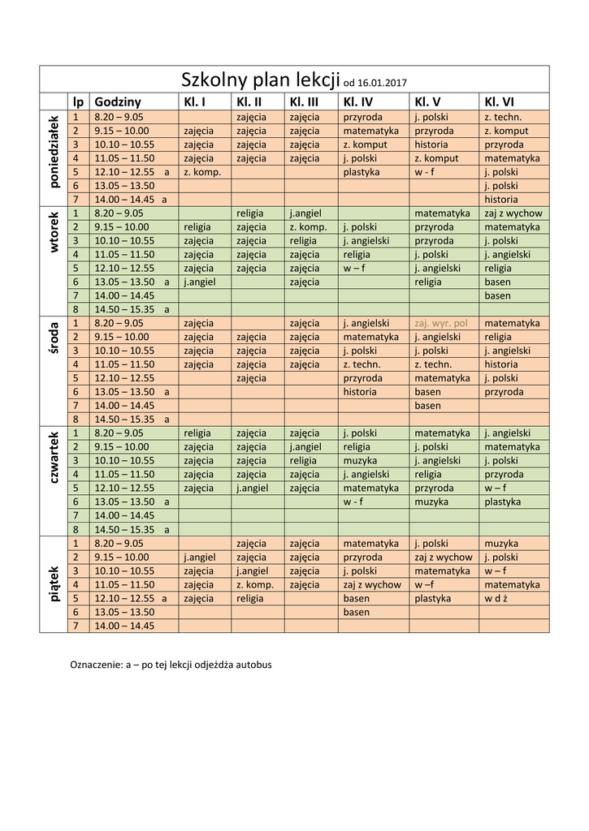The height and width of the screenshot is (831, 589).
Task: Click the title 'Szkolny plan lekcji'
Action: point(260,80)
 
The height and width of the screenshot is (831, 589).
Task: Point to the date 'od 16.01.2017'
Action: point(375,83)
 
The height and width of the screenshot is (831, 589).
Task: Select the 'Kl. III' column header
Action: point(303,102)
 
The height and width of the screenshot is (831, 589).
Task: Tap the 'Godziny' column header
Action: point(118,102)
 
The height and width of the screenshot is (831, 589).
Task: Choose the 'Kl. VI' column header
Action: point(499,102)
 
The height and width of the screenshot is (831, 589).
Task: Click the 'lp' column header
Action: point(78,102)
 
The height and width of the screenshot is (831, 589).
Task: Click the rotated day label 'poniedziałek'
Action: point(54,151)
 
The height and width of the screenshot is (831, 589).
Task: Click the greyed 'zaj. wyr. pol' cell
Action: point(440,323)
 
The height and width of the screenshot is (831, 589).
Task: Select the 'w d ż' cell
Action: point(496,598)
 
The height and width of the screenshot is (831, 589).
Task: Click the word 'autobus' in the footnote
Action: point(253,665)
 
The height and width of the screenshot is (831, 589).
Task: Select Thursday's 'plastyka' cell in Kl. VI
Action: point(503,502)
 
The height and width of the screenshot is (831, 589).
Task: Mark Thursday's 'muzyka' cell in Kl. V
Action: point(431,502)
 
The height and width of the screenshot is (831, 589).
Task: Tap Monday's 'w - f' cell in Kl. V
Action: point(425,172)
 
